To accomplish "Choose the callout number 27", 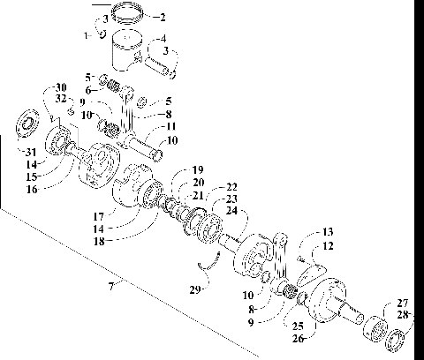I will tap(402, 303).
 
